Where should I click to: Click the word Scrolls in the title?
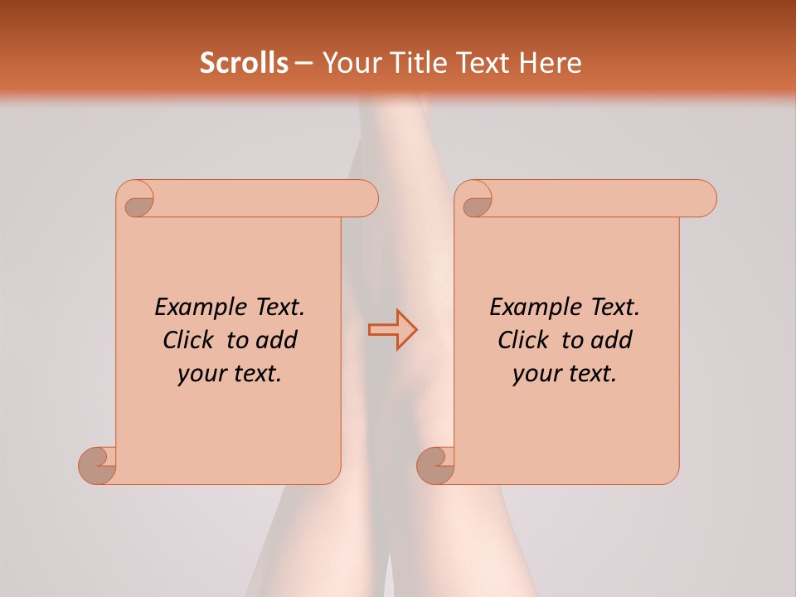(244, 63)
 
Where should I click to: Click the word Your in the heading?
(349, 63)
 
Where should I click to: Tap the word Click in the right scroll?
(523, 340)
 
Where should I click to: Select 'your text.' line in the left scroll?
(230, 373)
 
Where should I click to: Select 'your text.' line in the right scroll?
(565, 373)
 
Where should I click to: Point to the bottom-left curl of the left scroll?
(96, 466)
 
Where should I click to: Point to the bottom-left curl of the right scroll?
(434, 466)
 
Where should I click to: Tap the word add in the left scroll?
(278, 340)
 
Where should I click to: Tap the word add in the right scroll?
(613, 340)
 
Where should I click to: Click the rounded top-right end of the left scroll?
(366, 199)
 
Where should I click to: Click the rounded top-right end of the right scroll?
(704, 199)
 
